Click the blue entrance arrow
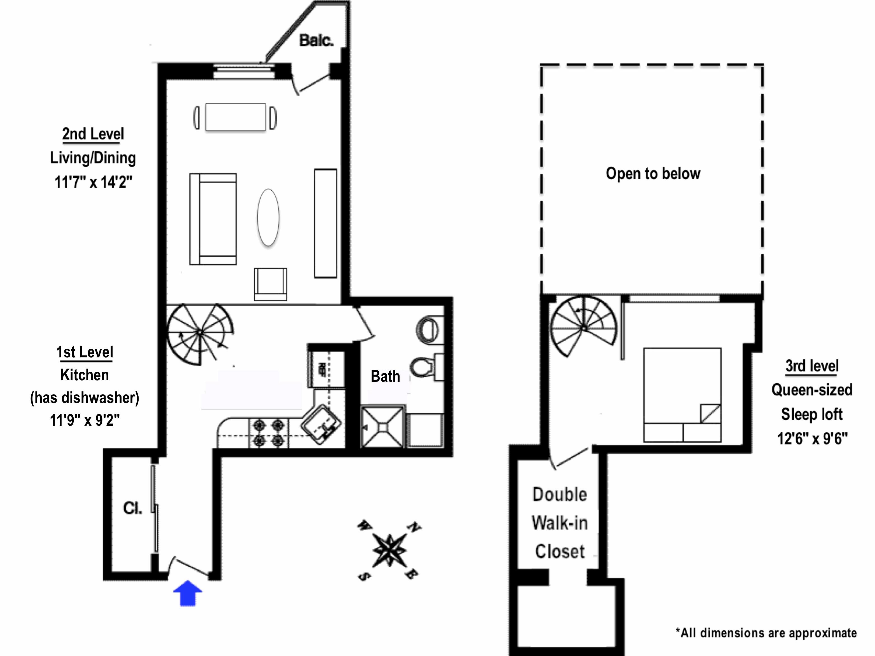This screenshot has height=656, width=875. (x=188, y=593)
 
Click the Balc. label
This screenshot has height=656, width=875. (x=316, y=40)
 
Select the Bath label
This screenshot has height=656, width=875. (x=385, y=376)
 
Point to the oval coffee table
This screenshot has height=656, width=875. (x=268, y=217)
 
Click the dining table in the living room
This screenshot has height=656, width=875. (x=235, y=117)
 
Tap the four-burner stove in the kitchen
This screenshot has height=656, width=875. (x=269, y=433)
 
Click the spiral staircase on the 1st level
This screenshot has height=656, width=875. (x=200, y=333)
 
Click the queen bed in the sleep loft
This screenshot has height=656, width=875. (x=682, y=395)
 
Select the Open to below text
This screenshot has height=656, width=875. (x=653, y=174)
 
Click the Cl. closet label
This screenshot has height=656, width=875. (x=132, y=508)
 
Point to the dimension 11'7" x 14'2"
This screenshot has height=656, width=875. (x=93, y=182)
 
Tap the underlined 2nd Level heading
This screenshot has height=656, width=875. (x=93, y=134)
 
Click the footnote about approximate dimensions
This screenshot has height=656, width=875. (x=766, y=633)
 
